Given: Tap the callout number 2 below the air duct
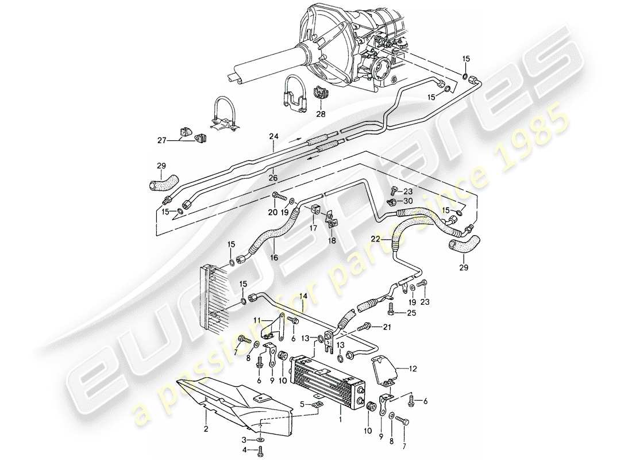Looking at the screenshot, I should [x=206, y=428].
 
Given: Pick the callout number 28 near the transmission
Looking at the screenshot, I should [x=320, y=114].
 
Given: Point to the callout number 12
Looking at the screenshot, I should [x=414, y=366].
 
